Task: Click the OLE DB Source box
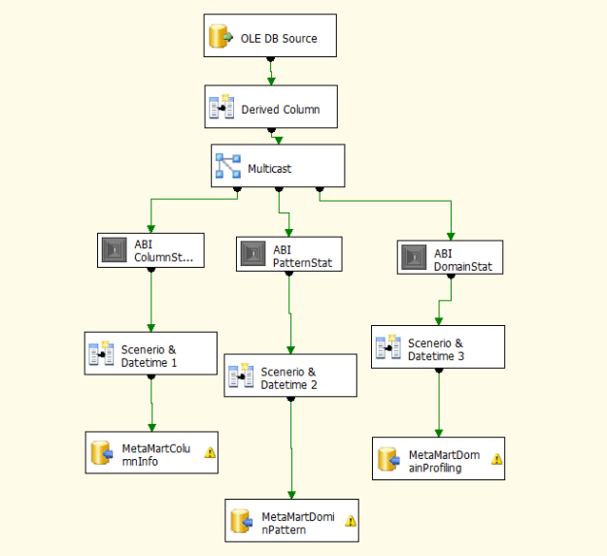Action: pos(271,38)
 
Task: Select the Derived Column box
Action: pos(271,109)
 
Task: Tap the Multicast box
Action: pos(278,167)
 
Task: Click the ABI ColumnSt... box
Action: pos(151,251)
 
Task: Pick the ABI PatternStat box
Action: pos(289,253)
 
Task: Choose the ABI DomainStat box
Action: pos(450,257)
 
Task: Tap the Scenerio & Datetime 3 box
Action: pos(438,347)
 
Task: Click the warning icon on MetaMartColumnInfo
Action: pos(210,451)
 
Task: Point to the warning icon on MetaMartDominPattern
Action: pos(351,521)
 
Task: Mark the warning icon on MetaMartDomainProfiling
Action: pos(497,459)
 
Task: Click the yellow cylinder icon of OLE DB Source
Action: pos(219,39)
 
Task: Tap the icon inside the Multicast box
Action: pos(227,167)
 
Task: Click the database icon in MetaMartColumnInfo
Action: pos(102,453)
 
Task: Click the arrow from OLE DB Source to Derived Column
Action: pos(271,72)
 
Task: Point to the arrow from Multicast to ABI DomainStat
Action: pos(451,218)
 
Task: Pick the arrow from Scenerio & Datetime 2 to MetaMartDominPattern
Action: pos(291,446)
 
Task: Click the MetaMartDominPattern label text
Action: pos(297,522)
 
